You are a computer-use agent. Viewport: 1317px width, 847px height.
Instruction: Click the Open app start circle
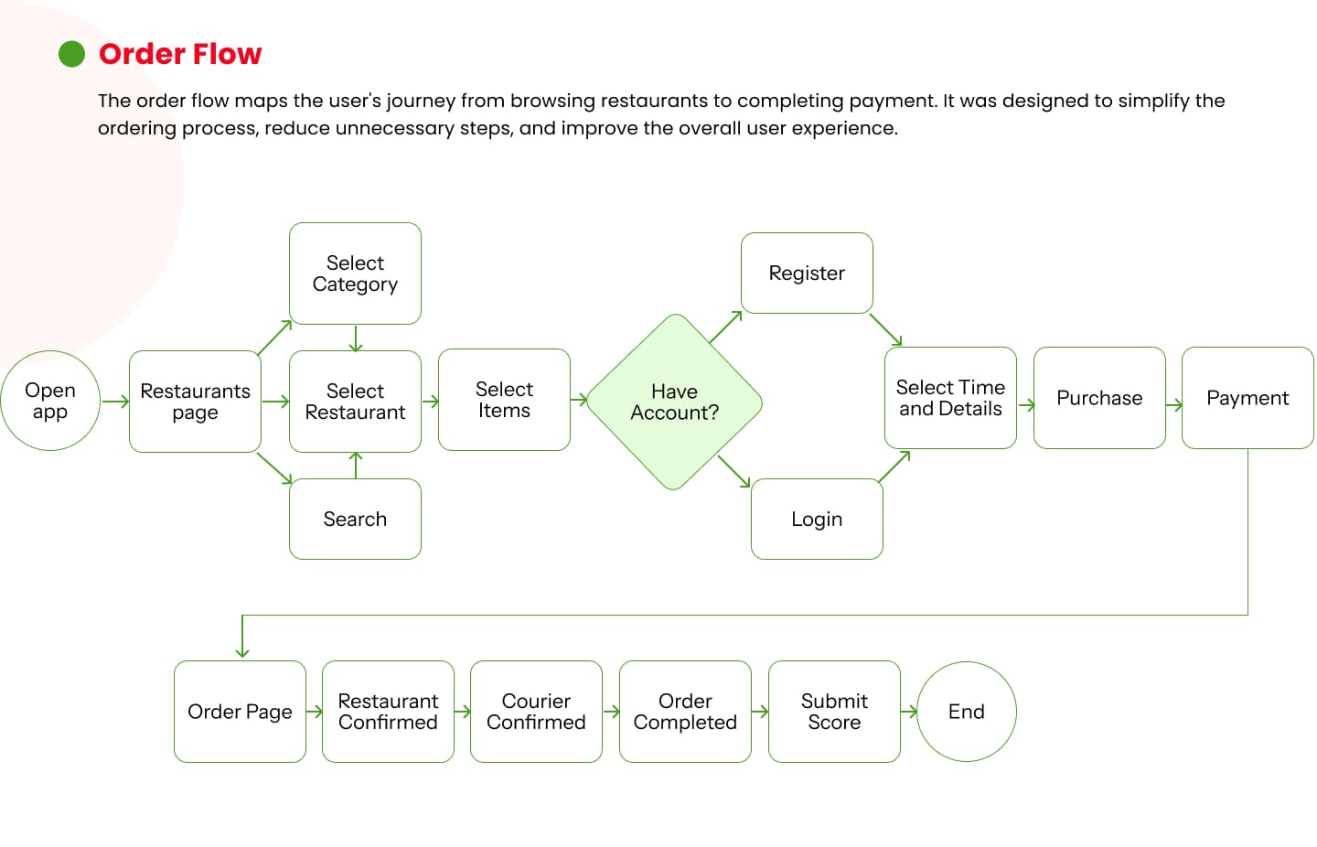point(50,401)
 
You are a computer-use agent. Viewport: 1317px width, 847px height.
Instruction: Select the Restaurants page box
point(195,402)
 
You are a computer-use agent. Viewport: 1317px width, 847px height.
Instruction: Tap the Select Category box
point(355,273)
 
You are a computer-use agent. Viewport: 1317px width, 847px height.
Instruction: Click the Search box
point(355,519)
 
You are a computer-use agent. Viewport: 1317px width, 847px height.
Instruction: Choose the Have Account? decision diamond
point(674,402)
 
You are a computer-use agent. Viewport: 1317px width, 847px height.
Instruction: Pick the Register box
point(807,273)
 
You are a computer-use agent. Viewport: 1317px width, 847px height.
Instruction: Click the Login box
point(817,519)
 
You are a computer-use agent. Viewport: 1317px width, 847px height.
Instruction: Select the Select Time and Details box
point(951,398)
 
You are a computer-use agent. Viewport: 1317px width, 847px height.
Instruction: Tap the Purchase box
point(1099,398)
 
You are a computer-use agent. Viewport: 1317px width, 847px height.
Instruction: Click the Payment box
point(1247,398)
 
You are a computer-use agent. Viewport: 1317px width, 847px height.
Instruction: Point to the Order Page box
point(240,712)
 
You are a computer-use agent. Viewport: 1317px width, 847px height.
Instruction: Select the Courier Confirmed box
point(536,712)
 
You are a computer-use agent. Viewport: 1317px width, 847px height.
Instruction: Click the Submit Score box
point(834,712)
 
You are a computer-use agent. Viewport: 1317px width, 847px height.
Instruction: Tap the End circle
point(967,712)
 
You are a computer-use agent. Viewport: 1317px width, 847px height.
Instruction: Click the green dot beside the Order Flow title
point(71,54)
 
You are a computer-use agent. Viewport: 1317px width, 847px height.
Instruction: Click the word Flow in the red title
point(227,54)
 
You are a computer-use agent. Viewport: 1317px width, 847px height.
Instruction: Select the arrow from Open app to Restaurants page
point(115,402)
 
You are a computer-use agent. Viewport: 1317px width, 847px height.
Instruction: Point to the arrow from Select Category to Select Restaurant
point(356,338)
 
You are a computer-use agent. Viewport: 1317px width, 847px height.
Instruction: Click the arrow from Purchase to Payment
point(1174,405)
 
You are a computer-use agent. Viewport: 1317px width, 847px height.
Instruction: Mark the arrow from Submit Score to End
point(909,712)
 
